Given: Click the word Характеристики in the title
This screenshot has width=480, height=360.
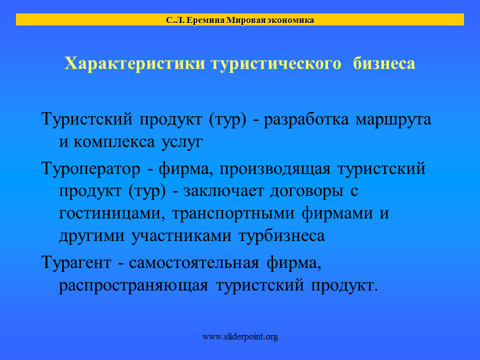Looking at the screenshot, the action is (x=134, y=63).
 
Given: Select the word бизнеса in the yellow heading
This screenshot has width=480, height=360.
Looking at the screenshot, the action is (x=384, y=63).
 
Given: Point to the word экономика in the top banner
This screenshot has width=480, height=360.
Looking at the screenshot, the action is (x=290, y=20).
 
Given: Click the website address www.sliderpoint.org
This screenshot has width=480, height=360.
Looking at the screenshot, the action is (x=240, y=336).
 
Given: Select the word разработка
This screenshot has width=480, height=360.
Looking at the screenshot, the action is (x=306, y=119).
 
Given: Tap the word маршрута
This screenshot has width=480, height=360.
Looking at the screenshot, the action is (x=393, y=119).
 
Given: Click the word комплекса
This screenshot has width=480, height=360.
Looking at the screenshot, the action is (x=114, y=142).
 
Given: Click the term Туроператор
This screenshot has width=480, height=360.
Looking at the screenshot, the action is (x=91, y=169).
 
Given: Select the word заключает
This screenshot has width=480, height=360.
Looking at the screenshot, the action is (x=223, y=191).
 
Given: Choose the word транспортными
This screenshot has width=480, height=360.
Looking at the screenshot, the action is (x=233, y=214).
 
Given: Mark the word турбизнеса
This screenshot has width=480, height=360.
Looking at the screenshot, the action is (x=281, y=236).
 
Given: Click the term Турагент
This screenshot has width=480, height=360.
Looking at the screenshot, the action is (x=76, y=263).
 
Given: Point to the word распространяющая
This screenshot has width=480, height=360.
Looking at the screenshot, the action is (x=133, y=286).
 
